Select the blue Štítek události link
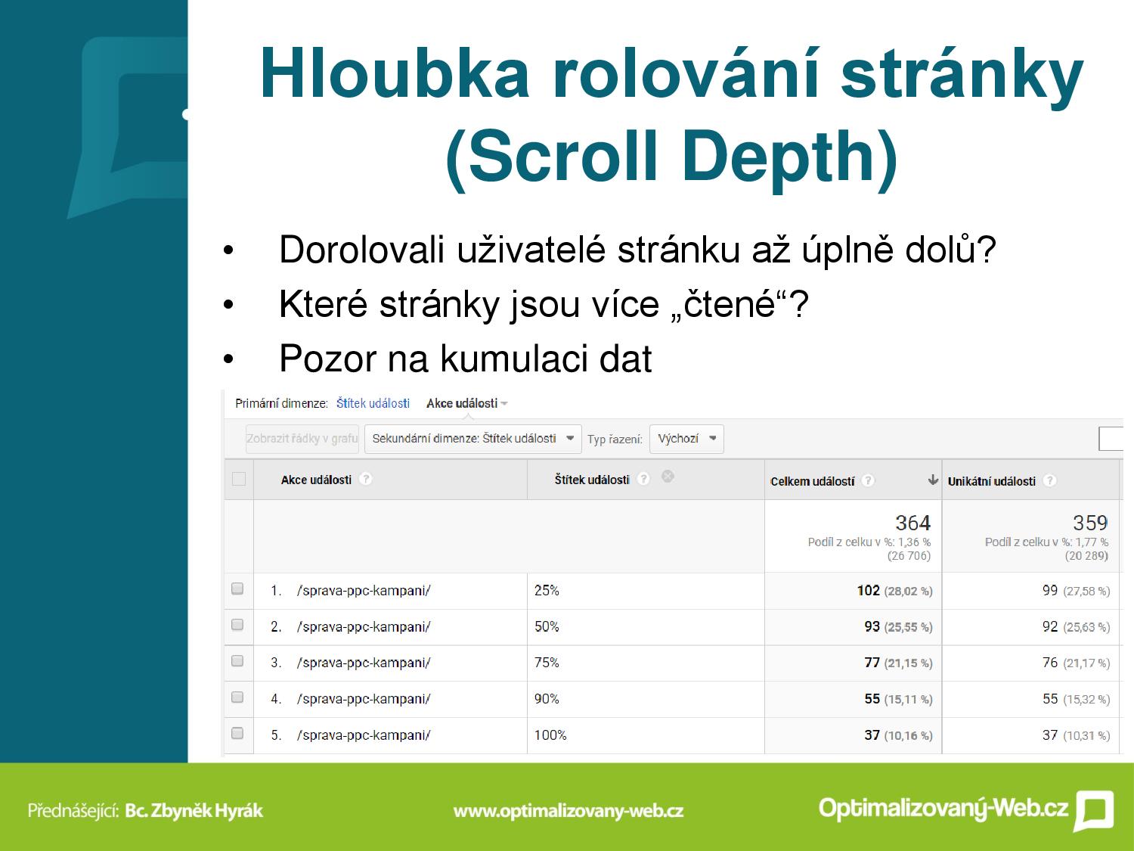click(x=373, y=403)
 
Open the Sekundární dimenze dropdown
click(x=472, y=439)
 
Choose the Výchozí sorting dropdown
click(x=686, y=439)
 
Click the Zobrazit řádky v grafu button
click(x=302, y=439)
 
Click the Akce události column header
click(x=316, y=480)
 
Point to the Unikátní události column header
click(x=991, y=482)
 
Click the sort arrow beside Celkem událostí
click(x=932, y=480)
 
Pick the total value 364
click(x=913, y=523)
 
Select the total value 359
click(x=1090, y=523)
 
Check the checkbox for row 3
click(x=237, y=661)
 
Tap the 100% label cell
click(x=550, y=735)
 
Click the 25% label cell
click(x=547, y=591)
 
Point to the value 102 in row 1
click(x=868, y=591)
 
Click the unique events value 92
click(x=1050, y=627)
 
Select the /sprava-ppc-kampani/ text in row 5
click(x=364, y=735)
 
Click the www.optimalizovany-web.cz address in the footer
click(x=569, y=811)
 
